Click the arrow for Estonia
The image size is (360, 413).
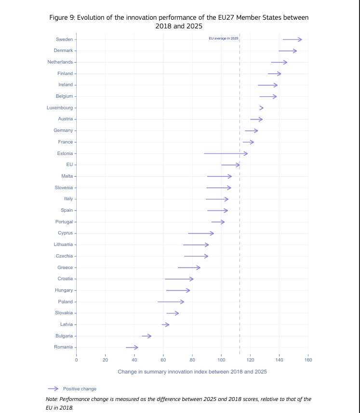pyautogui.click(x=226, y=154)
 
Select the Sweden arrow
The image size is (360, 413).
pyautogui.click(x=292, y=39)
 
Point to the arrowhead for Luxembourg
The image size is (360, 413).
pyautogui.click(x=262, y=108)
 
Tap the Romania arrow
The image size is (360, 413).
pyautogui.click(x=132, y=347)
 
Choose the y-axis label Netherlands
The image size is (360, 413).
pyautogui.click(x=60, y=62)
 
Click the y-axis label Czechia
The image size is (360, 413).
pyautogui.click(x=65, y=256)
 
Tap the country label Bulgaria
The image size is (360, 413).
pyautogui.click(x=64, y=336)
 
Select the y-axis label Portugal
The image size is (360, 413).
pyautogui.click(x=64, y=222)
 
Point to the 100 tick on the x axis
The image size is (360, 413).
pyautogui.click(x=221, y=360)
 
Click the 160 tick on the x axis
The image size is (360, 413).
pyautogui.click(x=308, y=360)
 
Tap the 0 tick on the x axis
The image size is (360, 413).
pyautogui.click(x=77, y=360)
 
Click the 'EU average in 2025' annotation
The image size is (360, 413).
pyautogui.click(x=224, y=38)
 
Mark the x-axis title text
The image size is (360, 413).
pyautogui.click(x=192, y=372)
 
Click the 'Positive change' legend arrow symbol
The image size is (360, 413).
pyautogui.click(x=53, y=388)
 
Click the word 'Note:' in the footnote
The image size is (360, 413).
pyautogui.click(x=52, y=399)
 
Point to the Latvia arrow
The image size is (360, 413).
pyautogui.click(x=165, y=324)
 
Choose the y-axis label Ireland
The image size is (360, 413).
pyautogui.click(x=66, y=85)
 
